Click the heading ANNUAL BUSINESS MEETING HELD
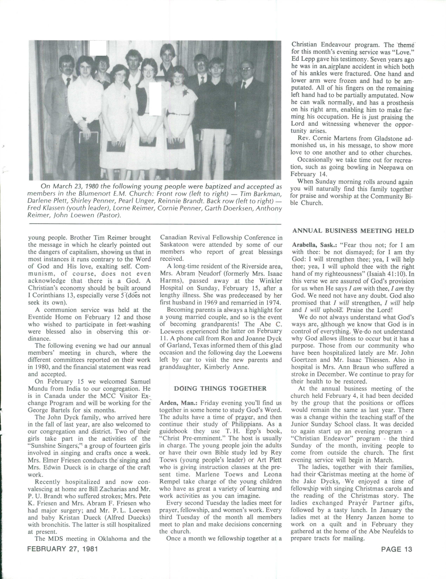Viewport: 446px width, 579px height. pyautogui.click(x=353, y=231)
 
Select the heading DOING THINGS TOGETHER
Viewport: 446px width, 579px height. pyautogui.click(x=220, y=389)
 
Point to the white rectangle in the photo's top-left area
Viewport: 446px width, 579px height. pyautogui.click(x=98, y=48)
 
